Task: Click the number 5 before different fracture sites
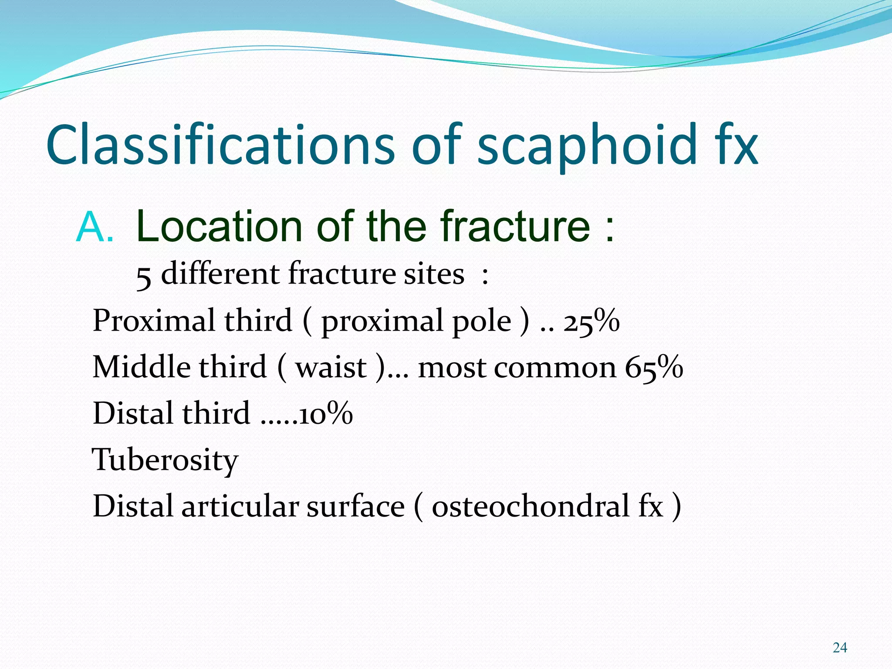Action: (144, 276)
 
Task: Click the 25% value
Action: (591, 321)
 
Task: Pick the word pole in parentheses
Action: (481, 321)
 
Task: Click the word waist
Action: (331, 368)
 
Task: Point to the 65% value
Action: (654, 368)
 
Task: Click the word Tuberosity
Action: (165, 460)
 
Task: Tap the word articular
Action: (240, 507)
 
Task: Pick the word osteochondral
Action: (530, 507)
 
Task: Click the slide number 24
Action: (840, 648)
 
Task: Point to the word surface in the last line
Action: (355, 507)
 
